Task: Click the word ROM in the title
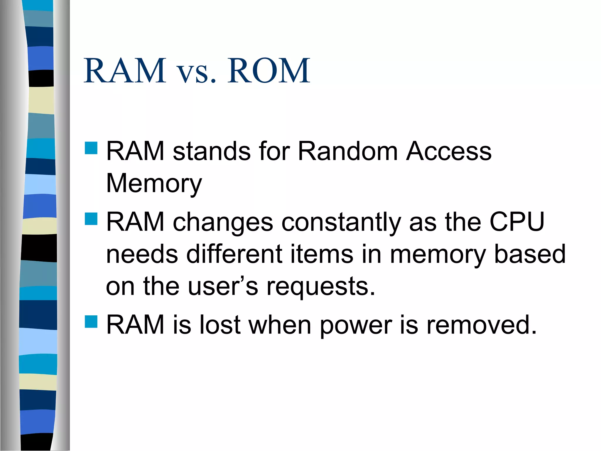point(269,71)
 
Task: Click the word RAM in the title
point(125,71)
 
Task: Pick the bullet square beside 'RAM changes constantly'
point(91,219)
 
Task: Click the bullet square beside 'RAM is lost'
point(91,322)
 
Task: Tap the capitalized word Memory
point(154,184)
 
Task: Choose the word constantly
point(341,223)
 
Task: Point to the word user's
point(223,286)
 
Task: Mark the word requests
point(321,287)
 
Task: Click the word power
point(356,325)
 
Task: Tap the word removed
point(481,325)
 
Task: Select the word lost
point(220,325)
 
